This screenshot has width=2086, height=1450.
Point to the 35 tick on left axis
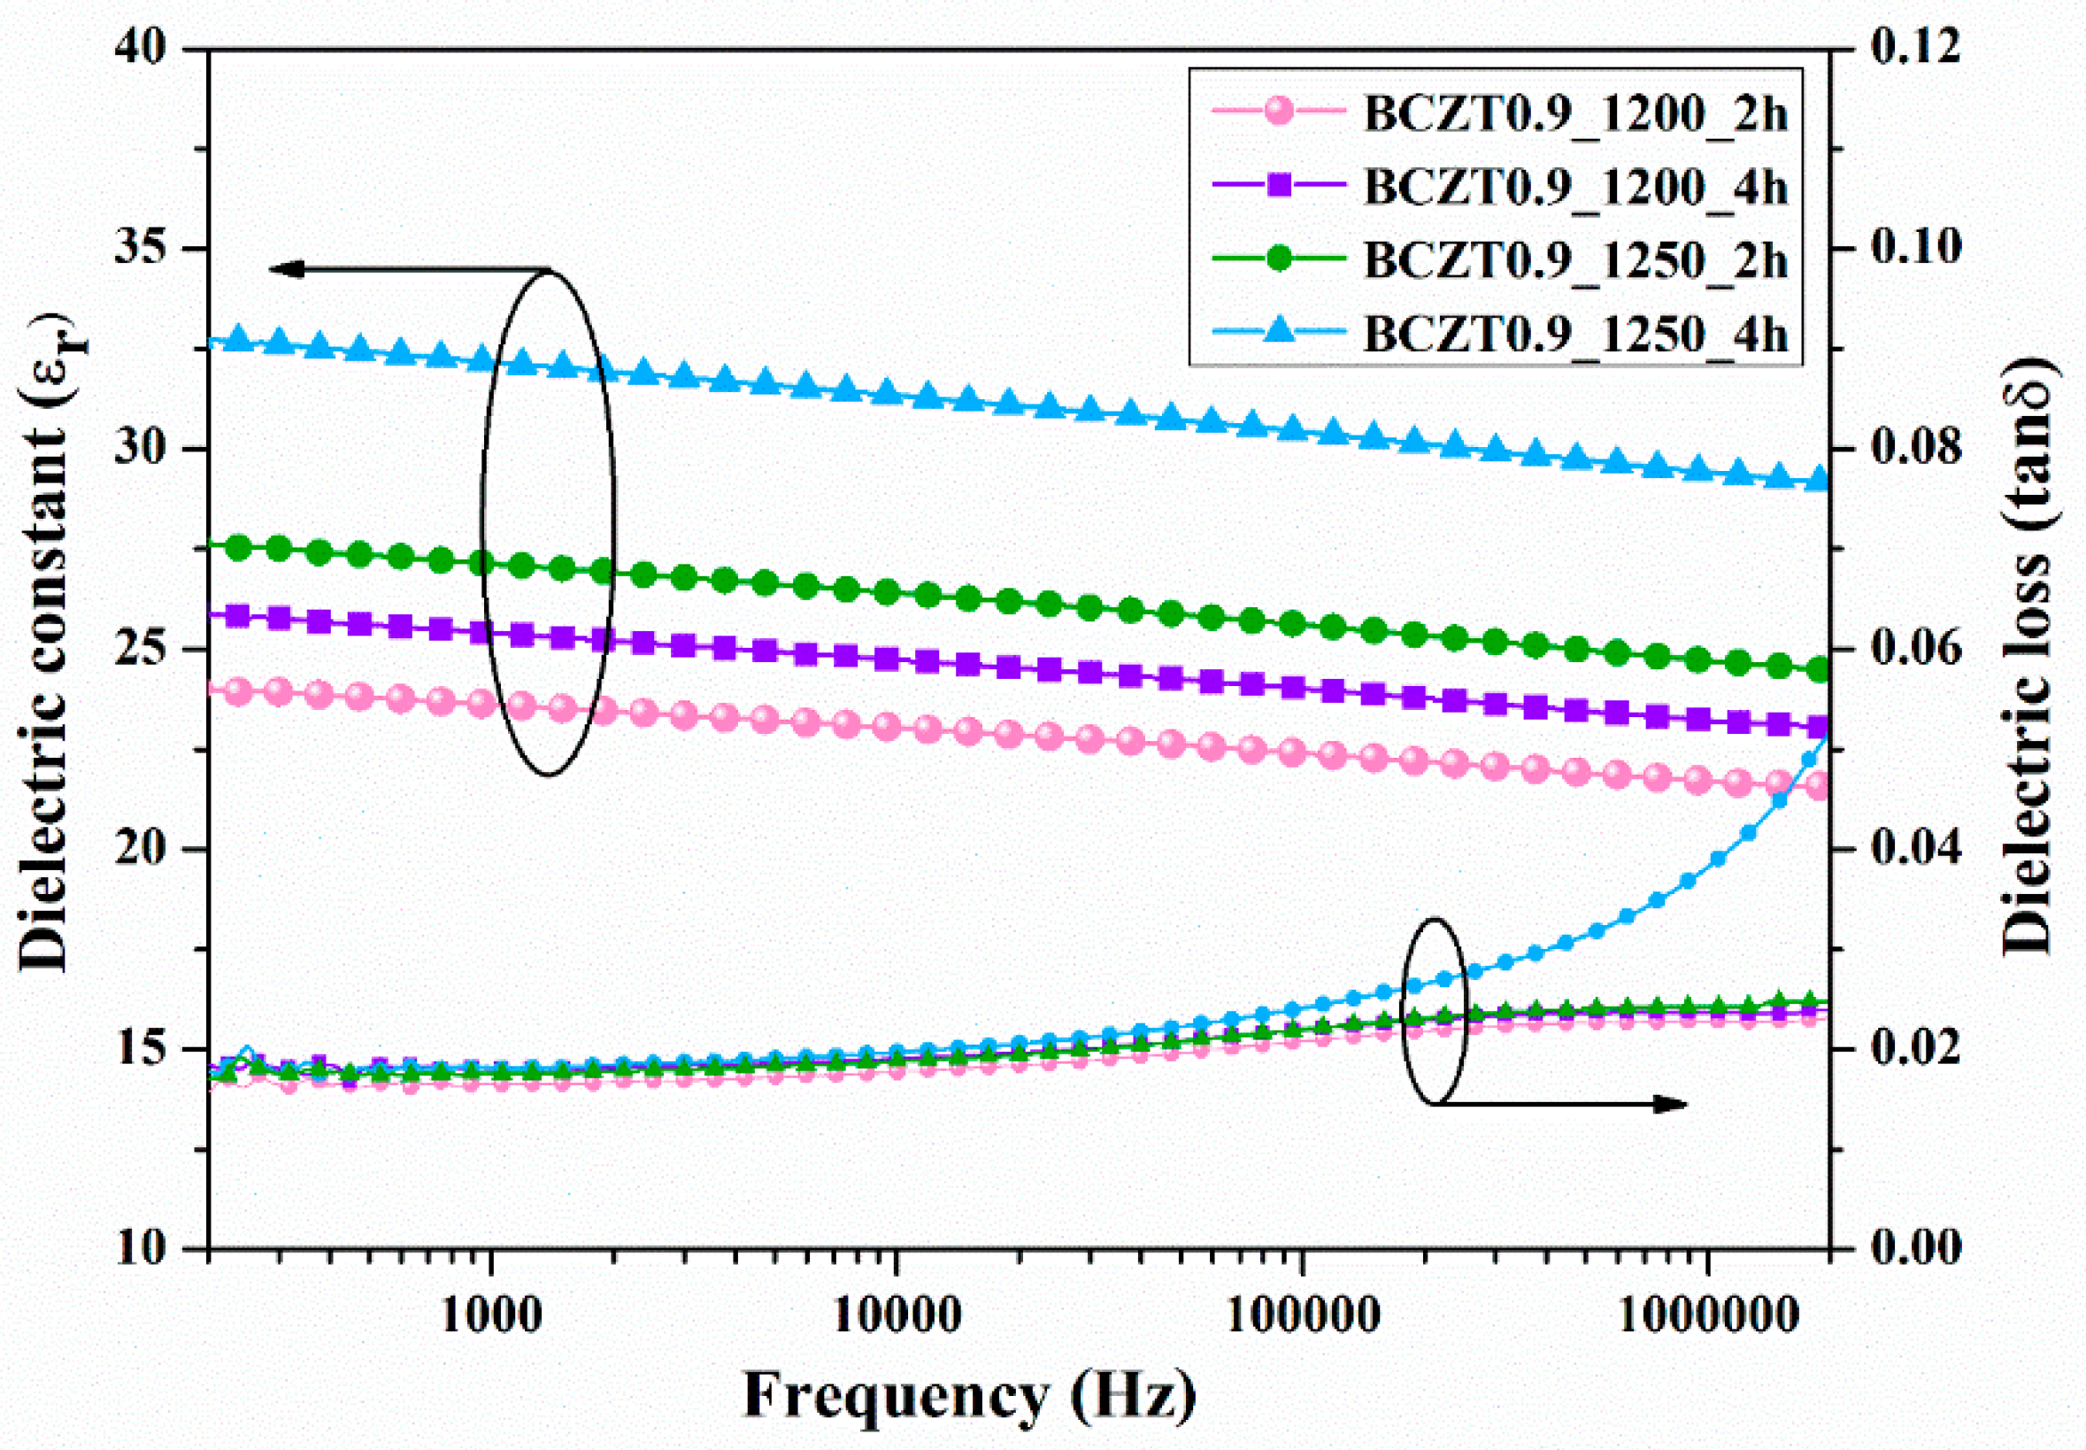(144, 248)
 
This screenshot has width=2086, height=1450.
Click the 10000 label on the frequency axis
(897, 1316)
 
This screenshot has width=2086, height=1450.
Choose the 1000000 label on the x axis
(1707, 1316)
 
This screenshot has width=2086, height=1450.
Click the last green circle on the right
(1818, 670)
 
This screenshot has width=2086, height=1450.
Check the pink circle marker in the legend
(1278, 112)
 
